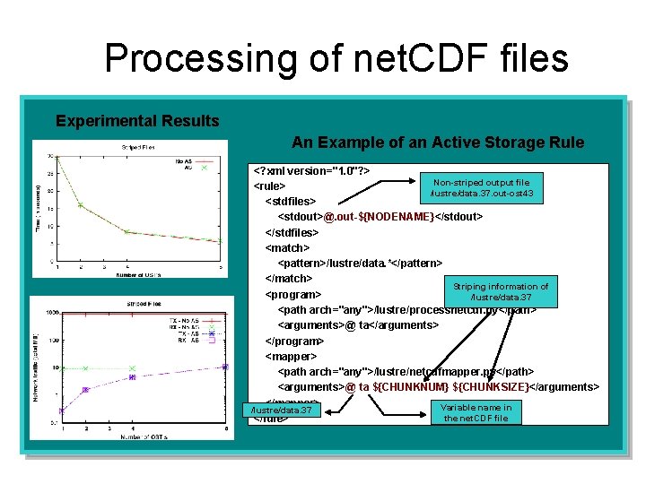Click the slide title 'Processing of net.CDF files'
click(336, 59)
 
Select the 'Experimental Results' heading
click(137, 121)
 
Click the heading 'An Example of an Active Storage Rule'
click(438, 143)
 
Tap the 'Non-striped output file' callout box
click(481, 187)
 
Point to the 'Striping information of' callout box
click(501, 291)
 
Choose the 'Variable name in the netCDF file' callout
click(476, 412)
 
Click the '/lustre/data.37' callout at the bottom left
click(282, 411)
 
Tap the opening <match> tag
click(288, 247)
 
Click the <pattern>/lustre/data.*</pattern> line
click(359, 263)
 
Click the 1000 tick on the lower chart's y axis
click(51, 313)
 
